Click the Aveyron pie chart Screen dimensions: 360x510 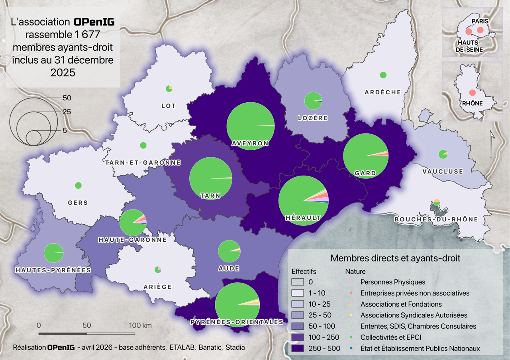[x=250, y=126]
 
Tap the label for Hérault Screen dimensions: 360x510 [x=303, y=218]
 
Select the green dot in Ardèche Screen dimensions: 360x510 [x=383, y=75]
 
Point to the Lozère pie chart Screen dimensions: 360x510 [x=313, y=101]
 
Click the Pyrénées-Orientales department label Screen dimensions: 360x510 [x=237, y=322]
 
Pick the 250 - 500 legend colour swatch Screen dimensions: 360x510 [x=298, y=348]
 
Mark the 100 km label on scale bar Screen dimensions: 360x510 [x=140, y=325]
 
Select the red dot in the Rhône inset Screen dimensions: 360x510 [x=472, y=93]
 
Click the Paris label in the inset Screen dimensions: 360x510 [x=480, y=21]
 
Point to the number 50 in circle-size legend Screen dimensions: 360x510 [x=67, y=98]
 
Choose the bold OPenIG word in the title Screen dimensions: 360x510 [x=94, y=22]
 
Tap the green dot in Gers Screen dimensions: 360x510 [x=78, y=185]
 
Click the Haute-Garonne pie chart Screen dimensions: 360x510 [x=133, y=222]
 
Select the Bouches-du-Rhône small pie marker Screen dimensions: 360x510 [x=437, y=202]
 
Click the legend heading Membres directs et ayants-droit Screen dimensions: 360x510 [x=395, y=258]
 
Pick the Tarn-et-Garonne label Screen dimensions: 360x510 [x=143, y=162]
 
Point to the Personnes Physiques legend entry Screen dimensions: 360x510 [x=392, y=282]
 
